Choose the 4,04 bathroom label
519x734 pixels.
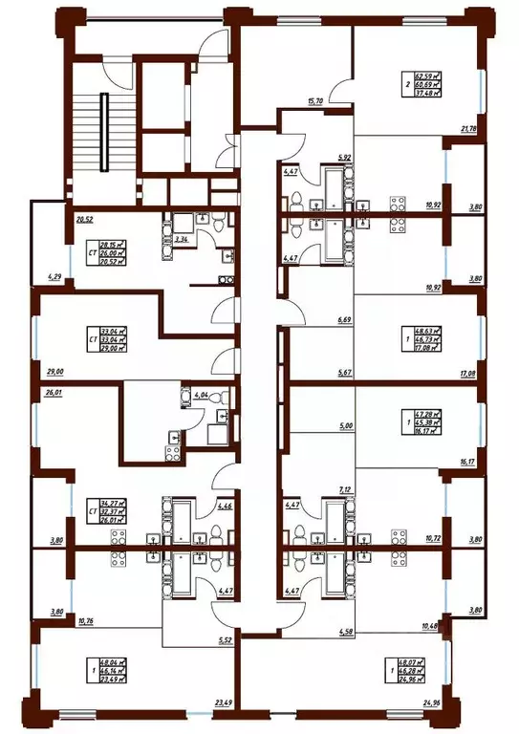click(x=201, y=394)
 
